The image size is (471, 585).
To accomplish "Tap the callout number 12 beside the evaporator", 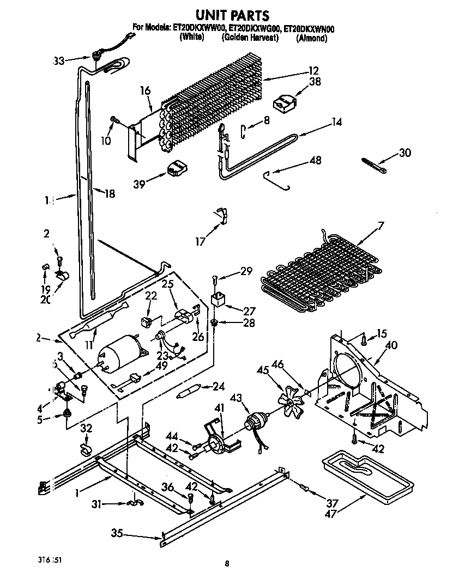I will pos(313,70).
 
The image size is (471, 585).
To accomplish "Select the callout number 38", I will pos(315,82).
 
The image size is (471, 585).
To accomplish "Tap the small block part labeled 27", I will pos(219,299).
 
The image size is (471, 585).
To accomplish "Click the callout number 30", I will pos(404,153).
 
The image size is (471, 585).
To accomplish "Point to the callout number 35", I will pos(117,533).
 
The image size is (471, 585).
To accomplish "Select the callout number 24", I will pos(219,387).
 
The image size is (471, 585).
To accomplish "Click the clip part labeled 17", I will pos(220,214).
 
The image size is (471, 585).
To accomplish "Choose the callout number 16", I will pos(144,91).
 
